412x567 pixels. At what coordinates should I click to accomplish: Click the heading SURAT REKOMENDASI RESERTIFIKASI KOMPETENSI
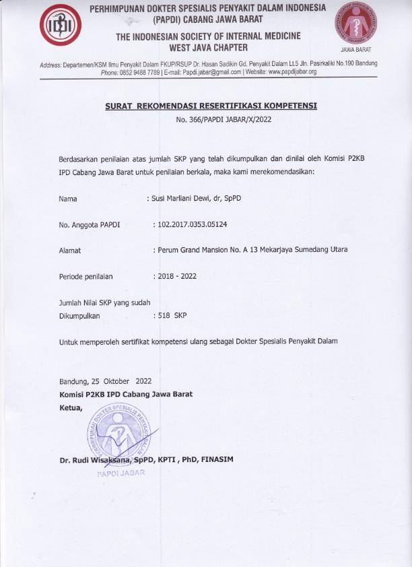pyautogui.click(x=211, y=106)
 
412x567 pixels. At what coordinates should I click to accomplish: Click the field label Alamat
pyautogui.click(x=70, y=251)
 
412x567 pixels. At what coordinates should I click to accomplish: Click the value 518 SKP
pyautogui.click(x=172, y=314)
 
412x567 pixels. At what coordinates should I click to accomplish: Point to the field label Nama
pyautogui.click(x=68, y=199)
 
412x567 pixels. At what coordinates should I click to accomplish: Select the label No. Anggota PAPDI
pyautogui.click(x=89, y=225)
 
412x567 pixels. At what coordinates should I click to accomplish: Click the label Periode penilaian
pyautogui.click(x=86, y=276)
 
